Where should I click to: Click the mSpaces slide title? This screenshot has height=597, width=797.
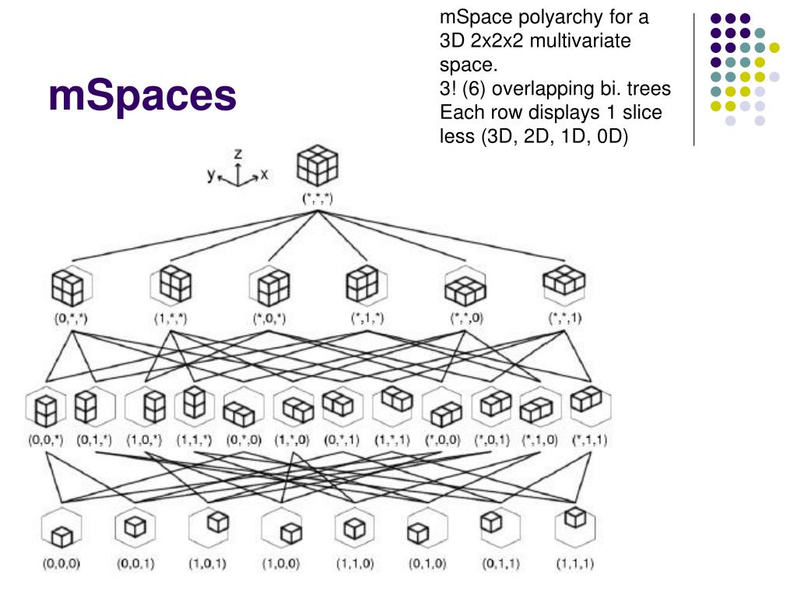click(142, 96)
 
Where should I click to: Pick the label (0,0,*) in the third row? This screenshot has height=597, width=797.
click(44, 440)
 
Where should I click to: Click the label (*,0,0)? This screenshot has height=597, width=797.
click(441, 440)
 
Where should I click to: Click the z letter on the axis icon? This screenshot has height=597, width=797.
click(238, 155)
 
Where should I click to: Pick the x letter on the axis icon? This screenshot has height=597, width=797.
click(264, 176)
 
